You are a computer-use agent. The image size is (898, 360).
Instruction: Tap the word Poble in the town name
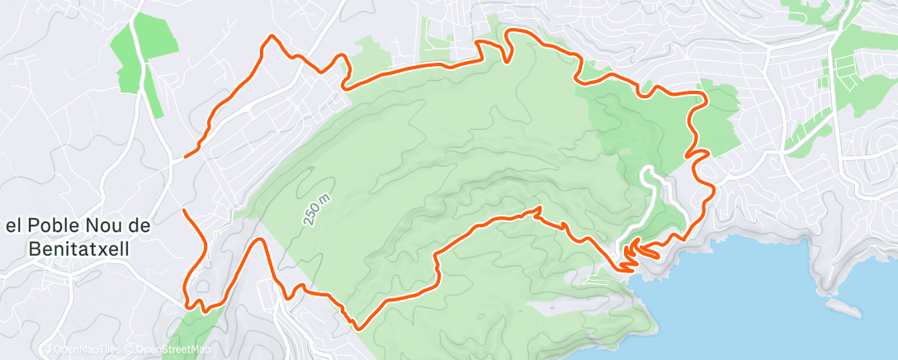click(x=58, y=226)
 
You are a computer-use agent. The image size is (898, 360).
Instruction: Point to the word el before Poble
click(x=15, y=226)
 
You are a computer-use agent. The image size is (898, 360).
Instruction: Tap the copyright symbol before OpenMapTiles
click(x=45, y=348)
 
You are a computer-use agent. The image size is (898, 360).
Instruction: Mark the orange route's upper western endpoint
click(x=186, y=154)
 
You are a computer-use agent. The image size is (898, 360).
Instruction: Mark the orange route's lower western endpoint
click(x=183, y=211)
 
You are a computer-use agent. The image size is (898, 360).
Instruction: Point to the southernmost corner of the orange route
click(x=357, y=328)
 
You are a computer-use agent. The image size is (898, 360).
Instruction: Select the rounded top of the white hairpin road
click(x=649, y=170)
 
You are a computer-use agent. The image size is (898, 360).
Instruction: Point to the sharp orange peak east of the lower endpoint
click(x=261, y=240)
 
